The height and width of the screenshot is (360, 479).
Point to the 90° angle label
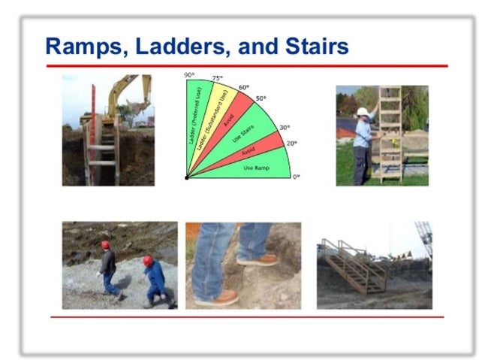191,76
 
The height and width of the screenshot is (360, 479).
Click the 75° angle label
217,78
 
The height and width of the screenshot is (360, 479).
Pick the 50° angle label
260,98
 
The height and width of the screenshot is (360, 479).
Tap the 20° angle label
291,143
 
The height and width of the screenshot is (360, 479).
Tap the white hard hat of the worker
363,112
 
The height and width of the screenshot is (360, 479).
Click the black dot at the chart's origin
186,177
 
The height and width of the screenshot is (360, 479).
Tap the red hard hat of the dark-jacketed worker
106,244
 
